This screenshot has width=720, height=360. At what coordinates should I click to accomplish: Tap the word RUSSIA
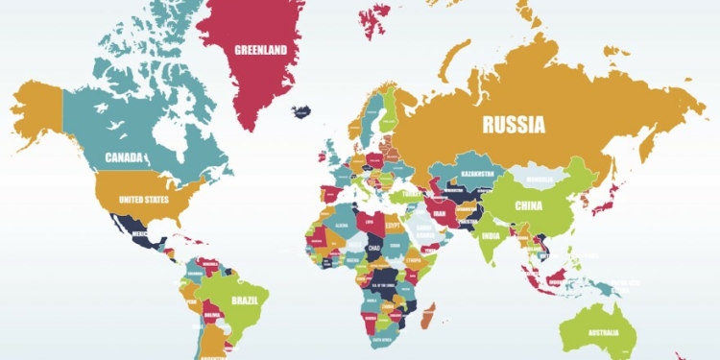point(514,124)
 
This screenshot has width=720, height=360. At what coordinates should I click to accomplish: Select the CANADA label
point(124,156)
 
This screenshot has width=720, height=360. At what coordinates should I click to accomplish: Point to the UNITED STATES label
point(143,200)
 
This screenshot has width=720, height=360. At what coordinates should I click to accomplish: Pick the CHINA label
point(529,205)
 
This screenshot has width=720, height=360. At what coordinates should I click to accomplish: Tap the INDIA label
point(490,236)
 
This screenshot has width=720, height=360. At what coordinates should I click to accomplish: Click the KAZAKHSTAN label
point(471,174)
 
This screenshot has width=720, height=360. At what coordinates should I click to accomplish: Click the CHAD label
point(374,248)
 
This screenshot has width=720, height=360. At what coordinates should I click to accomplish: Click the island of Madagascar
point(428,315)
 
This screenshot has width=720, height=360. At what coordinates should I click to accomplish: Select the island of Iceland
point(301,110)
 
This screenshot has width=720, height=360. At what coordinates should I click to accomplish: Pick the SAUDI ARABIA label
point(425,232)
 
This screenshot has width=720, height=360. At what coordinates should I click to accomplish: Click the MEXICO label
point(139,233)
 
